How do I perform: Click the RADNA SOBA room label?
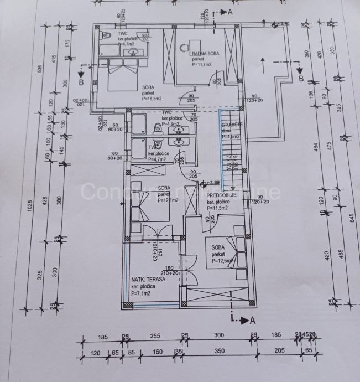[202, 53]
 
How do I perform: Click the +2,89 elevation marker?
[213, 182]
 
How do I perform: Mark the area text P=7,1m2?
[142, 293]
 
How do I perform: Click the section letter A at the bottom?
[253, 320]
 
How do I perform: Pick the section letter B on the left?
[81, 82]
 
